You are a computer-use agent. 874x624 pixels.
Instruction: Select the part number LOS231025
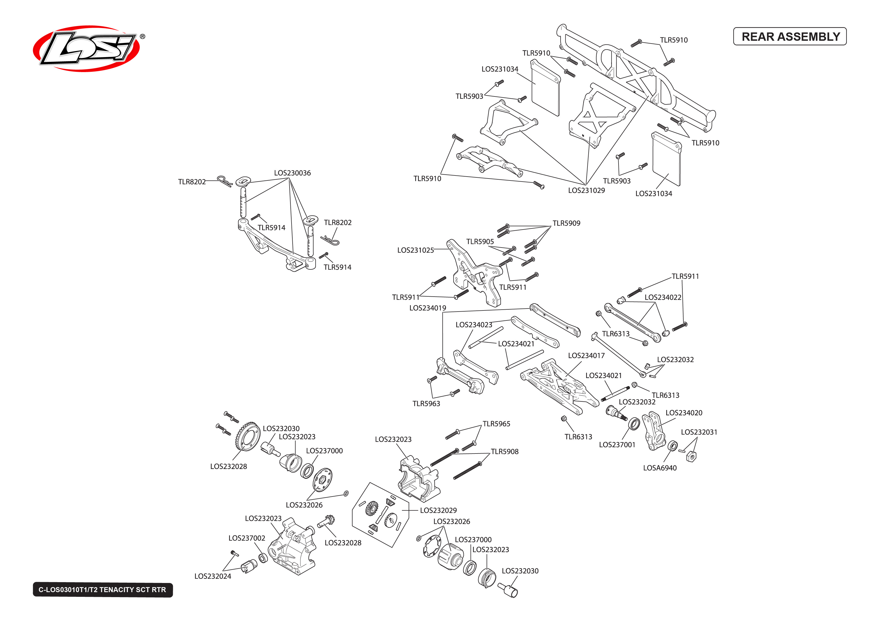pos(415,250)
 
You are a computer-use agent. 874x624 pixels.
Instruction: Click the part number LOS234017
pos(586,355)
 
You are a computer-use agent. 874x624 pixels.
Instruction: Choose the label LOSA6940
pos(660,468)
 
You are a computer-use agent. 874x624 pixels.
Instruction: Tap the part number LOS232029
pos(438,510)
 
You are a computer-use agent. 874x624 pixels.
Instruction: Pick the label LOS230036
pos(292,173)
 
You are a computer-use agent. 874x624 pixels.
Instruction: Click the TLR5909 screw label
pos(566,223)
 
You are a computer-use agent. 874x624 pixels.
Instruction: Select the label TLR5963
pos(426,403)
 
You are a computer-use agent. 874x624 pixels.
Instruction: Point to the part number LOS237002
pos(247,538)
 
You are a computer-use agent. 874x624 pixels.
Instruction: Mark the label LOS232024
pos(212,576)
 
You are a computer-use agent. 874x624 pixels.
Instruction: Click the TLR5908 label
pos(504,452)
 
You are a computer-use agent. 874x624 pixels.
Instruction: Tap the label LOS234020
pos(683,413)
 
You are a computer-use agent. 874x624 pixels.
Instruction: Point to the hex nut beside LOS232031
pos(691,456)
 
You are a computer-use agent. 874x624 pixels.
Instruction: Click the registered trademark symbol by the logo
pos(142,37)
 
